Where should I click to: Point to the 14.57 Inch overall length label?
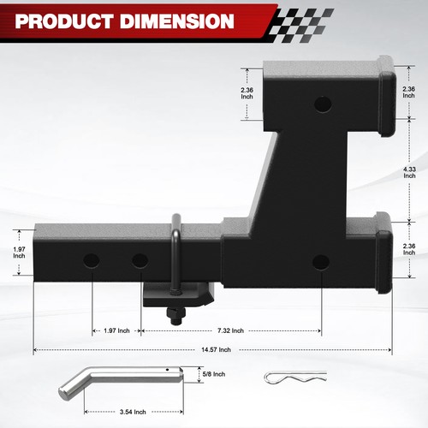click(213, 350)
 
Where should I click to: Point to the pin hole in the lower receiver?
click(321, 261)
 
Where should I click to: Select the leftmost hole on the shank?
click(92, 259)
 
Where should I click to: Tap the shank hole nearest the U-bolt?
click(139, 259)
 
